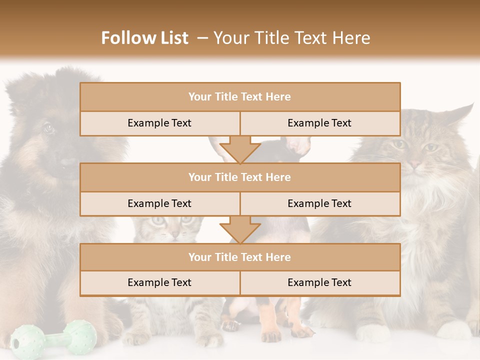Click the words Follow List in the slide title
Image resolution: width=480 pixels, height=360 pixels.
click(145, 38)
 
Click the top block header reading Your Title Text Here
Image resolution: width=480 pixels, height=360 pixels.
click(240, 97)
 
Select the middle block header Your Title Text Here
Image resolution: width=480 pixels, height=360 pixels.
click(240, 177)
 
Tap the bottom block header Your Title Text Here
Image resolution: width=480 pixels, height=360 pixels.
click(240, 257)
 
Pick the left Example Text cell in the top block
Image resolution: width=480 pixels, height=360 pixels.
click(159, 123)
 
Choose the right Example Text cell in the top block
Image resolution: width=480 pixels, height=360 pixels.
click(319, 123)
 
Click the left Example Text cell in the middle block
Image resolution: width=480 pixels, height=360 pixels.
click(159, 203)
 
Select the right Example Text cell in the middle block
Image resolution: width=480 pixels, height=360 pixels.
click(319, 203)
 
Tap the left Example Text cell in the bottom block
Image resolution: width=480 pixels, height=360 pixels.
click(159, 282)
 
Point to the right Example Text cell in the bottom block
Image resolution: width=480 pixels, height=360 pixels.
click(319, 282)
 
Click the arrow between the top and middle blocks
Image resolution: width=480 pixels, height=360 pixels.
click(240, 149)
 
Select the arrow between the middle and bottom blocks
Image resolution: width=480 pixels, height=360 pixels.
click(240, 229)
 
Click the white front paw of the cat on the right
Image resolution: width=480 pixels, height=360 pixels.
click(372, 333)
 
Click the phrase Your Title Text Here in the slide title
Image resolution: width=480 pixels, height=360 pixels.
click(292, 38)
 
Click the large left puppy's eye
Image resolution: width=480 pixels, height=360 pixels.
click(48, 128)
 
